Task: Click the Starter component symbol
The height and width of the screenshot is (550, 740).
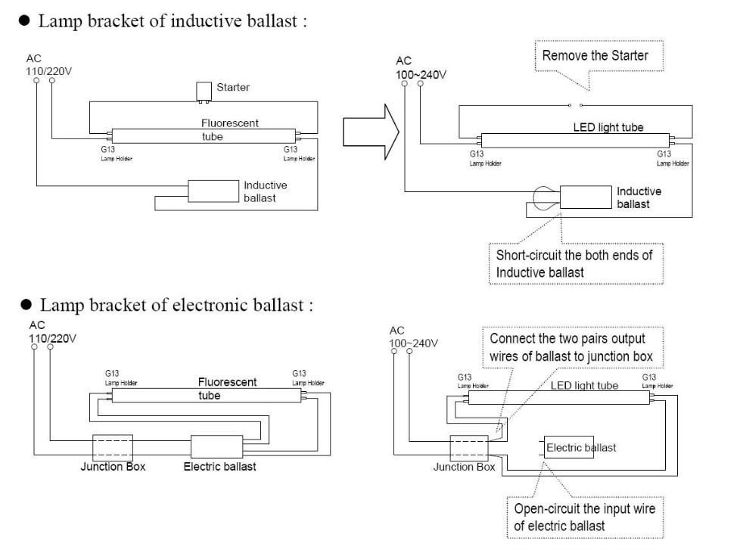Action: (202, 91)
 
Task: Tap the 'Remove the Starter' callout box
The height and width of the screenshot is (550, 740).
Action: (595, 56)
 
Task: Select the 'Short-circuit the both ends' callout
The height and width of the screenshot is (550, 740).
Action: (575, 263)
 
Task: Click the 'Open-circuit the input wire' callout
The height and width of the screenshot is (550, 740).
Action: (584, 517)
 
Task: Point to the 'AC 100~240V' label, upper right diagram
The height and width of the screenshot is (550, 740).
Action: (421, 68)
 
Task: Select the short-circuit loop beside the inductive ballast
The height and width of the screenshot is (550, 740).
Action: (544, 198)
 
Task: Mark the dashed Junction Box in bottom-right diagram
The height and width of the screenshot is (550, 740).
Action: (468, 447)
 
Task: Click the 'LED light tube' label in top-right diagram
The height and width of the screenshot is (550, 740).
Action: (608, 128)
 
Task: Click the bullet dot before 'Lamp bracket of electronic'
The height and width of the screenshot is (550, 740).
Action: (25, 306)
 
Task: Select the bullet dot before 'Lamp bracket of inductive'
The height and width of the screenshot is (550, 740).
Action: (25, 22)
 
